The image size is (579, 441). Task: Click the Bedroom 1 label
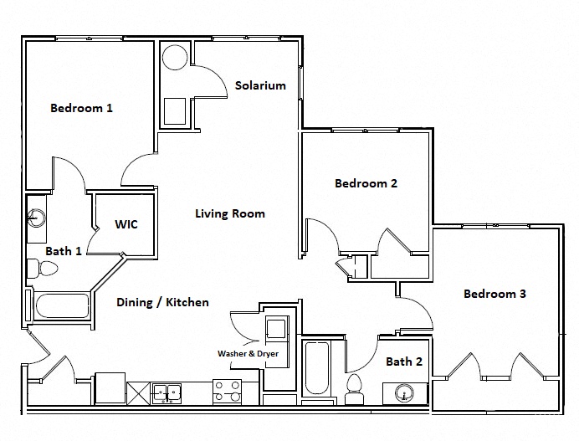click(x=81, y=108)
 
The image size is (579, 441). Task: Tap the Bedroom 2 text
click(x=366, y=183)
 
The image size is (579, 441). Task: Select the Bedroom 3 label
click(x=494, y=294)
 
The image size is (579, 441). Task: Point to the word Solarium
click(x=260, y=85)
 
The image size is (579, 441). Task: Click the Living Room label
click(x=230, y=213)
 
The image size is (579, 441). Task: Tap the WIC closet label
click(x=126, y=224)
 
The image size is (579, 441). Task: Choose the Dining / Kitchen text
click(x=162, y=302)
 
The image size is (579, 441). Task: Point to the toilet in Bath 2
click(x=354, y=387)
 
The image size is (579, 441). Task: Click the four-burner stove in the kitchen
click(x=228, y=392)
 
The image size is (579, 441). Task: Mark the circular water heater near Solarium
click(x=175, y=58)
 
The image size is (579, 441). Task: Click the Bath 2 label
click(x=404, y=362)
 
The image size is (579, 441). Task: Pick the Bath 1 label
click(x=63, y=250)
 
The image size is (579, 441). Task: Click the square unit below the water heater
click(x=176, y=110)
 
